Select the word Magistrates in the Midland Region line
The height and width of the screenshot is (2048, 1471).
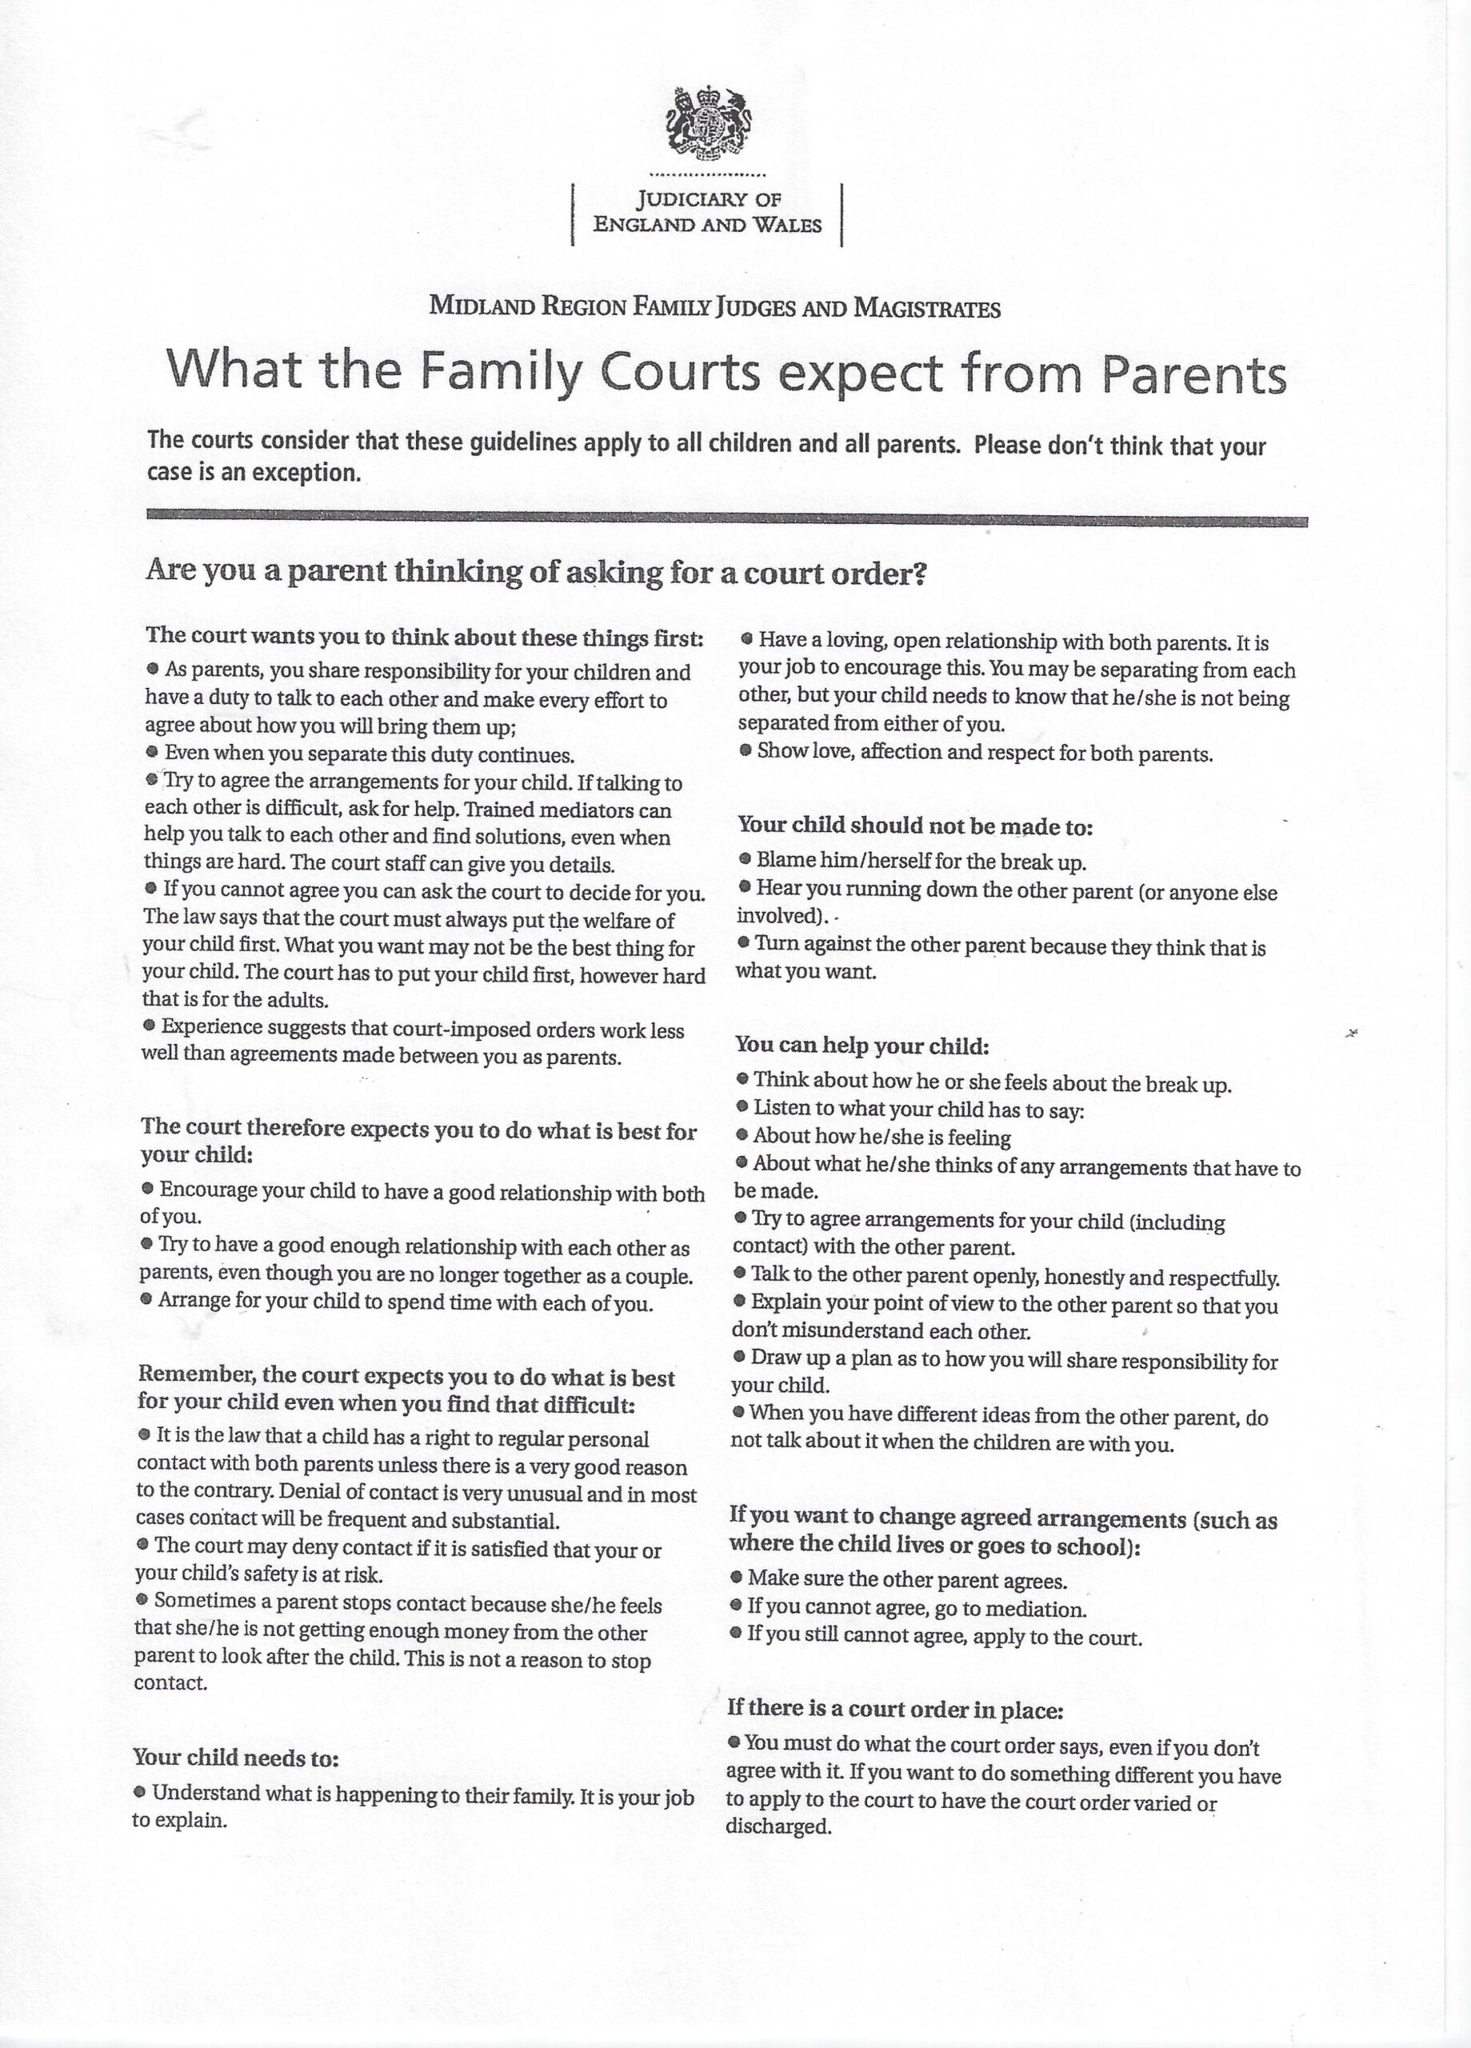926,309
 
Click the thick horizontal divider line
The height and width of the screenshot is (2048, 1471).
726,520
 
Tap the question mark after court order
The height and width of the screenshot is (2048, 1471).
921,574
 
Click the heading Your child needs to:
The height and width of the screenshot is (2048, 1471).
236,1758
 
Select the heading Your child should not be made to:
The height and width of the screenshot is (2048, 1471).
915,826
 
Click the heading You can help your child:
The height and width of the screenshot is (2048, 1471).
862,1046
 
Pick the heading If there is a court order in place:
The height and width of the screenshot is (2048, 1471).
895,1710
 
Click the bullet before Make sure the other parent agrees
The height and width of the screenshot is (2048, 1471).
736,1578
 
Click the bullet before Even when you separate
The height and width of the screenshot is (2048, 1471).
152,752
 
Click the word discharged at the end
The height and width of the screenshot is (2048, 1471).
777,1826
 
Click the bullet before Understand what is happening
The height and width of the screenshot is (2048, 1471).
140,1790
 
